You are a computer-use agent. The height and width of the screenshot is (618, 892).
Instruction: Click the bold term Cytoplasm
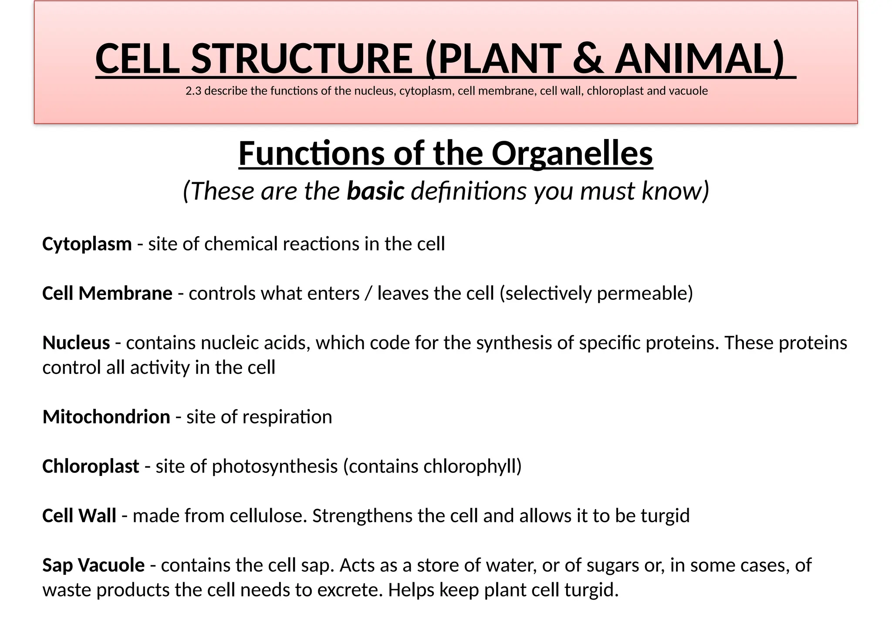[x=87, y=244]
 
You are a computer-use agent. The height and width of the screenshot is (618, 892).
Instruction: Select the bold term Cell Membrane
[x=107, y=293]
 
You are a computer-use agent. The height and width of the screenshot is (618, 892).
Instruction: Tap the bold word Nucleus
[x=76, y=343]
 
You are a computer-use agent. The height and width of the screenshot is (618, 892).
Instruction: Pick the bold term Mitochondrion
[x=106, y=417]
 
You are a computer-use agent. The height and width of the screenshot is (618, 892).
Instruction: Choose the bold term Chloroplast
[x=91, y=466]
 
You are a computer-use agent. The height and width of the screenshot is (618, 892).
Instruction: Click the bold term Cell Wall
[x=79, y=516]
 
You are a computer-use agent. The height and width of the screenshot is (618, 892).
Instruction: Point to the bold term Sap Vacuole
[x=93, y=565]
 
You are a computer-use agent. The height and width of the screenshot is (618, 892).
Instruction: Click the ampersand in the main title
[x=588, y=59]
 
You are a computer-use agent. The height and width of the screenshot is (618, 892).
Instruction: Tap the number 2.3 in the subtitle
[x=192, y=91]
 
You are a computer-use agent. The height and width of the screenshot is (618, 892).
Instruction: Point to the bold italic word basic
[x=375, y=191]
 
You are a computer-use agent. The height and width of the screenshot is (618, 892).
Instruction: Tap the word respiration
[x=287, y=417]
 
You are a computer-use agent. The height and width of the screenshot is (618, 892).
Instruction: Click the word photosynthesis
[x=274, y=466]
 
